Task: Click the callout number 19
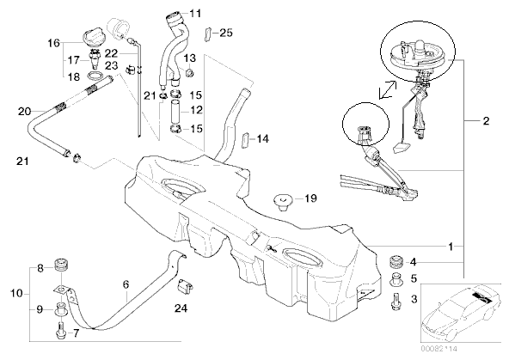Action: click(310, 198)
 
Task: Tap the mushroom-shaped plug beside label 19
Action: click(282, 201)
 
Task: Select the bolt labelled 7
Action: click(61, 330)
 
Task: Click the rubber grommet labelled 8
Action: click(61, 264)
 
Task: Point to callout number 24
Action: click(181, 308)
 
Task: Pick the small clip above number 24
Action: click(185, 288)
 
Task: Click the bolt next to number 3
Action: click(396, 302)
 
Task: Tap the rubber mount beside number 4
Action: click(396, 261)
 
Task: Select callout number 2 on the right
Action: click(486, 121)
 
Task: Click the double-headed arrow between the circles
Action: click(388, 89)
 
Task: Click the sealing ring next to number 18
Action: click(95, 76)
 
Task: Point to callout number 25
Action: click(226, 33)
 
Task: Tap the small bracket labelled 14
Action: click(245, 139)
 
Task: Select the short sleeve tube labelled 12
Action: click(175, 110)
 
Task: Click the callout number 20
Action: click(24, 112)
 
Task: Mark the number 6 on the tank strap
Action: click(126, 284)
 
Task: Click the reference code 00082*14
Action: click(438, 349)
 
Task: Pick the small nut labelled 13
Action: click(189, 72)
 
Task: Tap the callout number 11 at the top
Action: click(195, 13)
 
